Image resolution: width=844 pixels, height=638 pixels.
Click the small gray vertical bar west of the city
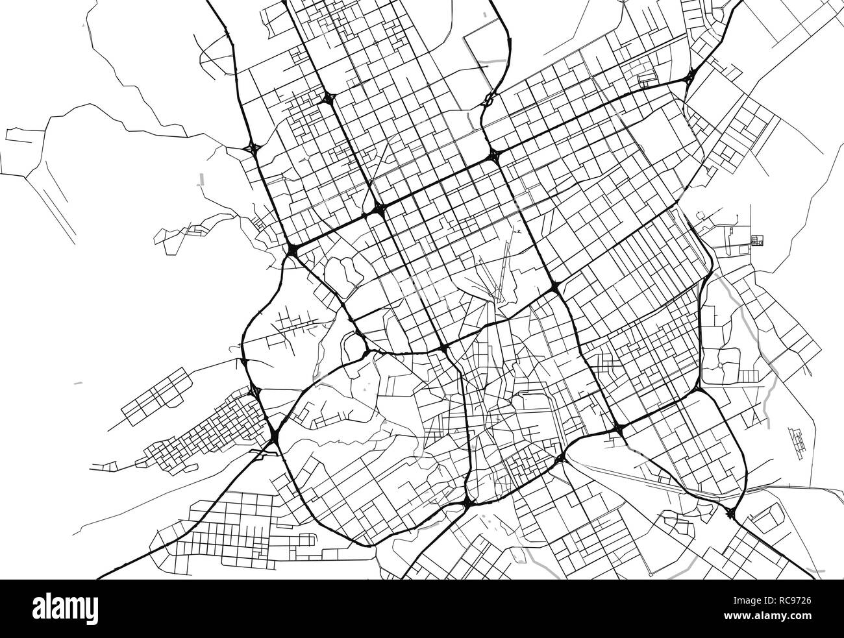(x=201, y=178)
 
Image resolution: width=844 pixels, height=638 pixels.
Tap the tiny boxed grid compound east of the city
(x=756, y=241)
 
